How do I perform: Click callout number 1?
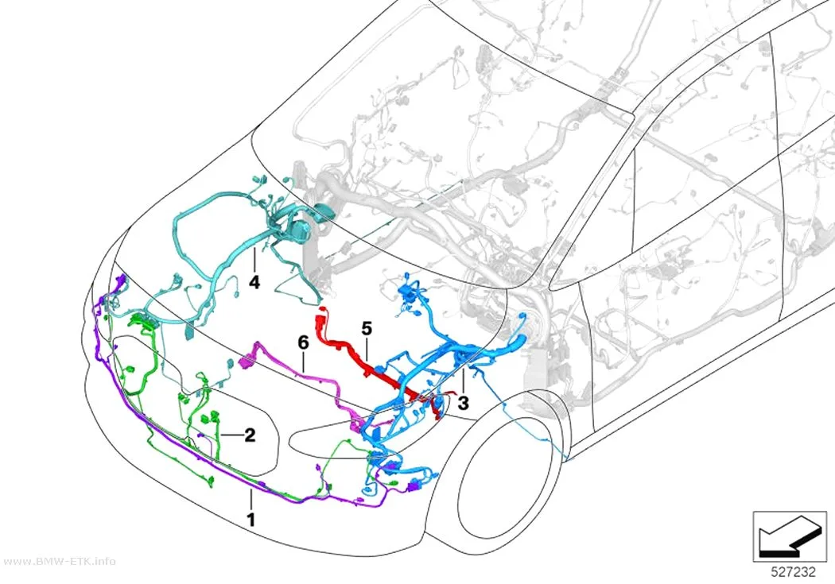pos(250,519)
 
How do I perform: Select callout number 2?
pos(249,435)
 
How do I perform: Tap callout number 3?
pos(464,403)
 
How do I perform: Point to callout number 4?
pos(254,282)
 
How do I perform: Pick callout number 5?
pos(367,329)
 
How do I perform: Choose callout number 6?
pos(303,342)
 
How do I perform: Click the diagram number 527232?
pos(793,572)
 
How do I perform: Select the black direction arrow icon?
pos(789,537)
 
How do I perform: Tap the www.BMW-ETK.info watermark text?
pos(59,561)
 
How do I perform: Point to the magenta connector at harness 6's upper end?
pos(247,362)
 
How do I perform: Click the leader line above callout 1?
pos(250,501)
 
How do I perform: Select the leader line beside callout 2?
pos(231,435)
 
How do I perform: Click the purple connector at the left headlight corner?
pos(122,281)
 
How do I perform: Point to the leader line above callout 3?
pos(464,381)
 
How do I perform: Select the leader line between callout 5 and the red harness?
pos(367,349)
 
